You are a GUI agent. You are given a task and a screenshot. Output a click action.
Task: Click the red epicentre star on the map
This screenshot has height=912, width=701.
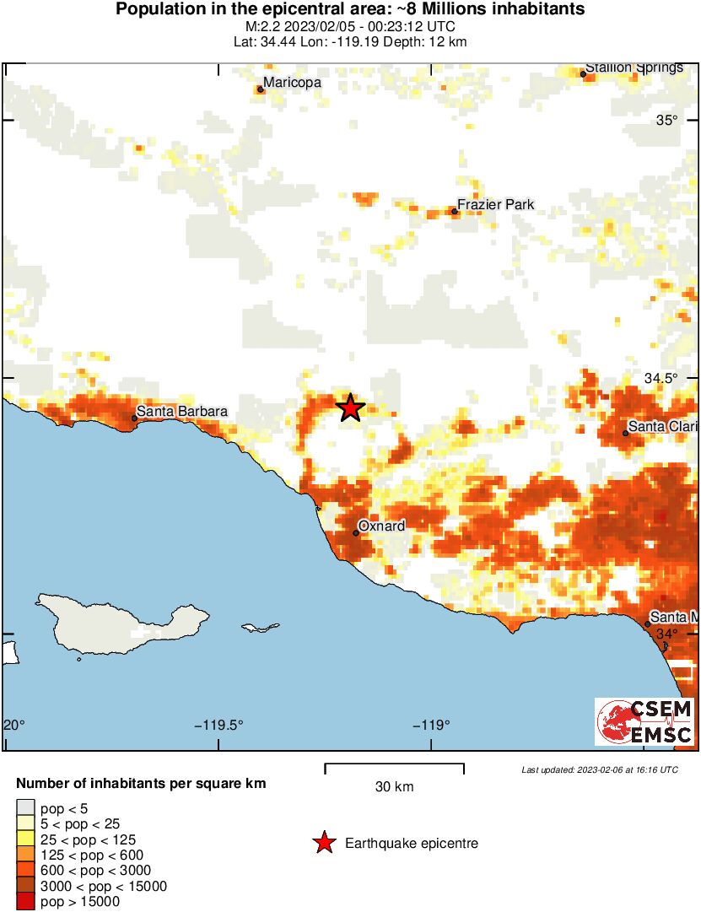coord(351,407)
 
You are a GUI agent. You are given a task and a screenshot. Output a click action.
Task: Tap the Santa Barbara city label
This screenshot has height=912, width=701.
coord(181,411)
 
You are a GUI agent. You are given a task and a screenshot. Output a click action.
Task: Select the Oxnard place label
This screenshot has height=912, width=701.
coord(381,526)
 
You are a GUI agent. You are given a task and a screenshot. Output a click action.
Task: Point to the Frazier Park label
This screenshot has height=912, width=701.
coord(495,205)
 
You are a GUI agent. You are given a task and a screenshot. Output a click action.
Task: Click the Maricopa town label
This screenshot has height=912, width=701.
coord(292,83)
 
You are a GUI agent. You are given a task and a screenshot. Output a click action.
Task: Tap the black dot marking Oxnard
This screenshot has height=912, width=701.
coord(356,532)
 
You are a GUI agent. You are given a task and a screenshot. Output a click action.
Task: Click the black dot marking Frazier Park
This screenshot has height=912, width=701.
coord(454,211)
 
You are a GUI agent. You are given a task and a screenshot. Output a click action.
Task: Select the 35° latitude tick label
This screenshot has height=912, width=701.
coord(667,120)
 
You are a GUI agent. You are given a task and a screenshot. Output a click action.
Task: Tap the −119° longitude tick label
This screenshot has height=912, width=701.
coord(432,725)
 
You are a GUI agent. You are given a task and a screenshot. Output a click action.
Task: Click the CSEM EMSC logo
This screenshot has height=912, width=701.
coord(645,721)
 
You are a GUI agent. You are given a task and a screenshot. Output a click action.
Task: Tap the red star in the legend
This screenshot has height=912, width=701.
coord(323,843)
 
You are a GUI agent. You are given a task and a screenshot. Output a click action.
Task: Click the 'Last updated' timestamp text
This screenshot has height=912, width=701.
coord(599,769)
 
